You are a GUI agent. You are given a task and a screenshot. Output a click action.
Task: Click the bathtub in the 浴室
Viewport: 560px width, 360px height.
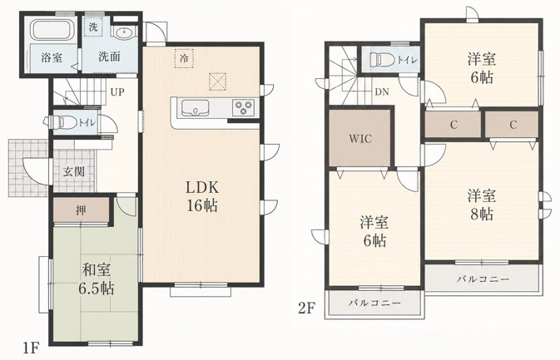[x=52, y=30]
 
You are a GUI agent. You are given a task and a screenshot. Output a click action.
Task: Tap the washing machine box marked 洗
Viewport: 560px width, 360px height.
[x=93, y=27]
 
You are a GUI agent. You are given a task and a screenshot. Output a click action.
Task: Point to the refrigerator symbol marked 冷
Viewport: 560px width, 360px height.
[x=184, y=58]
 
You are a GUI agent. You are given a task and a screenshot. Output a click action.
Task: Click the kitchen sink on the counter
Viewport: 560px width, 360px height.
[x=195, y=108]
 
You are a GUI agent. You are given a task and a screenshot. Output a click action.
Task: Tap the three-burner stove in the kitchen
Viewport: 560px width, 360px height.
[x=244, y=107]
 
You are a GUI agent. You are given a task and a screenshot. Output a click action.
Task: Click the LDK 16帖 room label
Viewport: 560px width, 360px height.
[x=202, y=196]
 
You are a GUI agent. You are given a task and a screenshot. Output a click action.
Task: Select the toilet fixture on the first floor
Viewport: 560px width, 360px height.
[x=61, y=122]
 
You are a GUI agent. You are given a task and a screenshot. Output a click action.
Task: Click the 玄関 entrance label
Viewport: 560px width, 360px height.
[x=74, y=171]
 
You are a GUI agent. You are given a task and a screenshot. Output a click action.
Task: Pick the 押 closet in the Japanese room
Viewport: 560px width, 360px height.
[x=81, y=210]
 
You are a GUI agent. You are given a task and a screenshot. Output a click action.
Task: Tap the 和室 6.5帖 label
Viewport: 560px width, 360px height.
[x=97, y=279]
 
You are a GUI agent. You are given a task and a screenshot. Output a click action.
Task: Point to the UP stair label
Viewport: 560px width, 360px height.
[x=117, y=92]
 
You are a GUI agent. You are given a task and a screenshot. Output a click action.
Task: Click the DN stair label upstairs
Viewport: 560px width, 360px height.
[x=382, y=92]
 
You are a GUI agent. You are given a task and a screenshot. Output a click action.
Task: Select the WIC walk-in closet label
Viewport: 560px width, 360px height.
[x=361, y=139]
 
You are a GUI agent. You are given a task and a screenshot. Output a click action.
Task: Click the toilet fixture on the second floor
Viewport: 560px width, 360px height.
[x=382, y=59]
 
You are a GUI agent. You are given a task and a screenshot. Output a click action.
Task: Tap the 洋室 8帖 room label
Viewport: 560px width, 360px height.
[x=482, y=205]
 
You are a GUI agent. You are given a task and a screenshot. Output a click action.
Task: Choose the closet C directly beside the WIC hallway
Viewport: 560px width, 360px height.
[x=453, y=125]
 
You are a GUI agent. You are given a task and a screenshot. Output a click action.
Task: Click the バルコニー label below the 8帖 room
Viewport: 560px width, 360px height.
[x=483, y=279]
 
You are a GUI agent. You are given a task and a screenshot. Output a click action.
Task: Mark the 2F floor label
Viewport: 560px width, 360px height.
[x=307, y=308]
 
